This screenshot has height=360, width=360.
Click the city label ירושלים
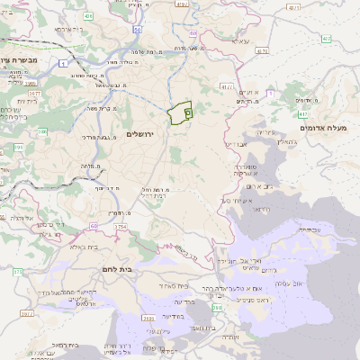pyautogui.click(x=141, y=134)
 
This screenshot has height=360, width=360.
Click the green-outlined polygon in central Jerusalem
pyautogui.click(x=179, y=113)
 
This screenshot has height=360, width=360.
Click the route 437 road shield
pyautogui.click(x=325, y=39)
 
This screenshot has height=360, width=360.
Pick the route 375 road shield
pyautogui.click(x=17, y=271)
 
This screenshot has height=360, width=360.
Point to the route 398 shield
pyautogui.click(x=216, y=309)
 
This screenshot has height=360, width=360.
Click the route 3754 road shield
pyautogui.click(x=121, y=227)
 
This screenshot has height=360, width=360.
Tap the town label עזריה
pyautogui.click(x=261, y=131)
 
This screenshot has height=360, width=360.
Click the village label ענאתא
pyautogui.click(x=240, y=41)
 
